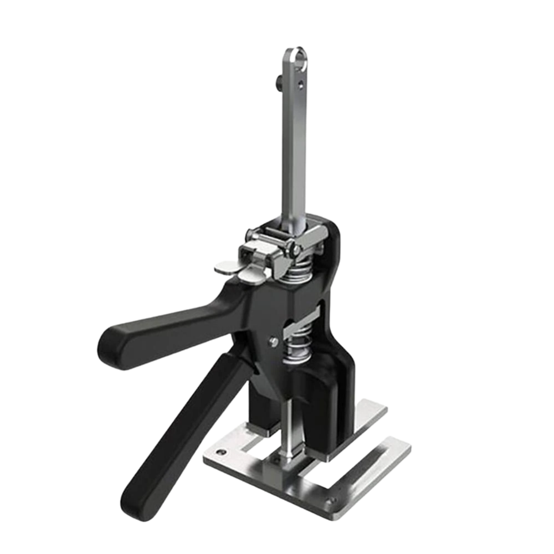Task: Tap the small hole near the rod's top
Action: coord(301,85)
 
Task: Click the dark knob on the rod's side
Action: coord(276,84)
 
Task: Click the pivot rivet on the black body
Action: coord(274,341)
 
